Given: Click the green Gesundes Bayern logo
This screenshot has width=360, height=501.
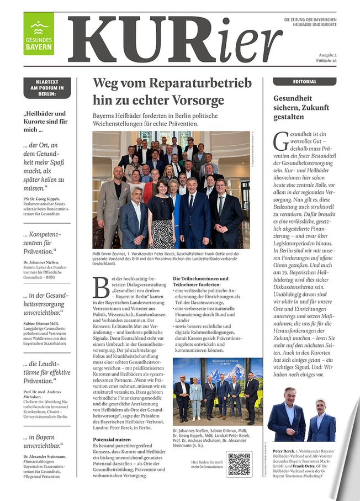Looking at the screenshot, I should (x=39, y=34).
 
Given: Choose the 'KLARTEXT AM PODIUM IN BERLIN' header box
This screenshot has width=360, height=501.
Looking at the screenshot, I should (x=47, y=88).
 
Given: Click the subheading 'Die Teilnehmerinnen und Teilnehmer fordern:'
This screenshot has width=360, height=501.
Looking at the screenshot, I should (x=200, y=281).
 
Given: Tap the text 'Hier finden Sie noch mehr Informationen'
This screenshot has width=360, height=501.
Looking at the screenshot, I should (x=207, y=464).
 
